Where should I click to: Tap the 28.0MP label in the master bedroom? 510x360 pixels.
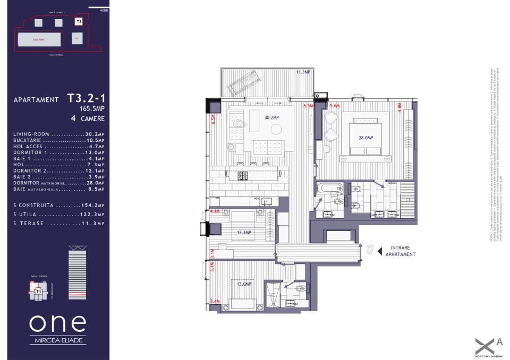pyautogui.click(x=366, y=138)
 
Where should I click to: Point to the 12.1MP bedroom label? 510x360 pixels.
pyautogui.click(x=244, y=232)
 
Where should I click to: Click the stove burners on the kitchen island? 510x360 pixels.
pyautogui.click(x=242, y=174)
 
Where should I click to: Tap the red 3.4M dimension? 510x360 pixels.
pyautogui.click(x=215, y=302)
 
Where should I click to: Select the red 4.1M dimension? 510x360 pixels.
pyautogui.click(x=215, y=211)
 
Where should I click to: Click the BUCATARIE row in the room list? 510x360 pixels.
pyautogui.click(x=58, y=140)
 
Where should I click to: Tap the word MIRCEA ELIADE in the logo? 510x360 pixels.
pyautogui.click(x=57, y=340)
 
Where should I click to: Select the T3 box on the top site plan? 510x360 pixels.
pyautogui.click(x=79, y=22)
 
